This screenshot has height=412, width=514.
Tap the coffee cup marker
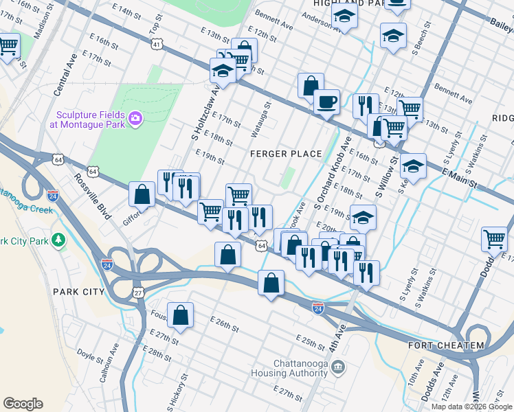click(326, 102)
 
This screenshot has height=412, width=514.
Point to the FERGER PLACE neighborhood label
click(286, 153)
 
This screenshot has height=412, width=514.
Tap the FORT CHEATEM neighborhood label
click(445, 345)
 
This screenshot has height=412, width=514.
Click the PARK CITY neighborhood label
click(78, 292)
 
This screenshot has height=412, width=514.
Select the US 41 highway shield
click(157, 45)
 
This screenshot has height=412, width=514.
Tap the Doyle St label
click(90, 356)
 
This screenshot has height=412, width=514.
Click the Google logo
click(23, 404)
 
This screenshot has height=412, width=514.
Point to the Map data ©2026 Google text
click(471, 407)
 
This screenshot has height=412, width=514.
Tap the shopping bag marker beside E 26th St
click(179, 317)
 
